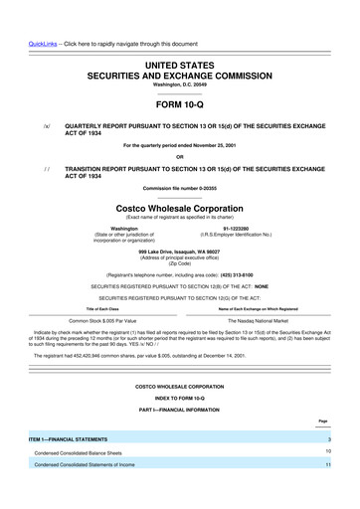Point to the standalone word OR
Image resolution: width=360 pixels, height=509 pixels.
coord(179,159)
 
